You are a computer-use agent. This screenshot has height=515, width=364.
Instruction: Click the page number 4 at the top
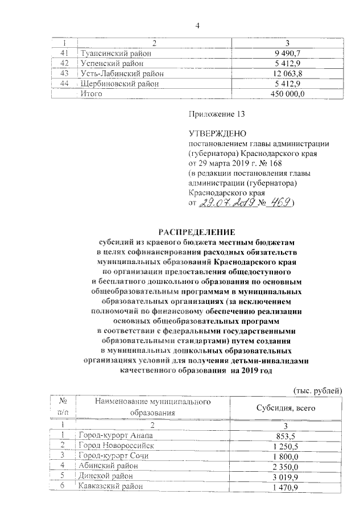(x=197, y=24)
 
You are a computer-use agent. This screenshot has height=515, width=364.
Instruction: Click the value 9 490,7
(x=288, y=53)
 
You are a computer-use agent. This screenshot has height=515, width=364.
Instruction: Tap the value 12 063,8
(x=288, y=73)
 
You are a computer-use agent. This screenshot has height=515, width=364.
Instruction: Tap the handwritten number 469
(x=283, y=203)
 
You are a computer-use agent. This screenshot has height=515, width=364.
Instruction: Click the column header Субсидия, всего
(x=288, y=408)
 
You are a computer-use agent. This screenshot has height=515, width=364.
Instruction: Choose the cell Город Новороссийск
(x=117, y=446)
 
